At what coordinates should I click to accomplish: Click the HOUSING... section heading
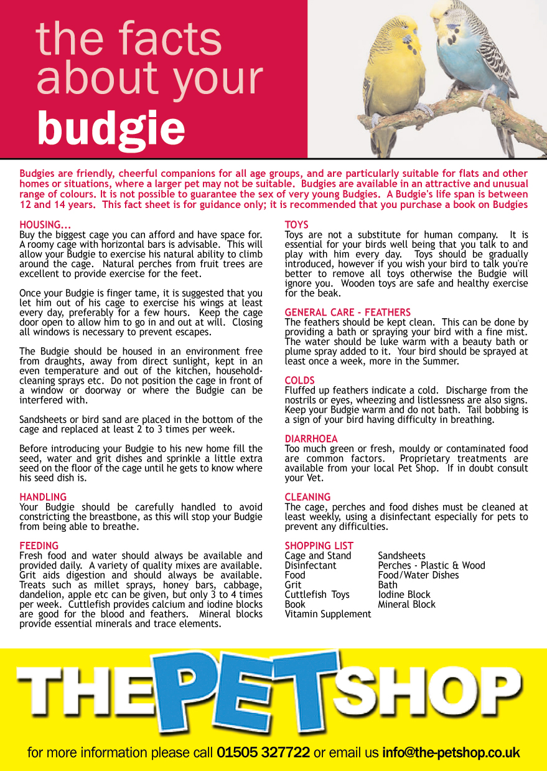[x=45, y=225]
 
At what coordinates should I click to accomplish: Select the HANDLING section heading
[x=43, y=497]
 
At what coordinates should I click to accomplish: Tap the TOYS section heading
[x=296, y=225]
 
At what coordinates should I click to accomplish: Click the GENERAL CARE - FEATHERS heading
[x=347, y=313]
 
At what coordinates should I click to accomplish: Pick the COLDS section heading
[x=300, y=381]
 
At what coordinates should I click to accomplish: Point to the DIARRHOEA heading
[x=311, y=439]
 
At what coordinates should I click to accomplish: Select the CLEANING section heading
[x=307, y=497]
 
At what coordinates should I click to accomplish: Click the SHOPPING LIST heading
[x=319, y=546]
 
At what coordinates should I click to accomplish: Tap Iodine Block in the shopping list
[x=404, y=595]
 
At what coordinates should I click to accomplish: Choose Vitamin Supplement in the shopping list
[x=327, y=614]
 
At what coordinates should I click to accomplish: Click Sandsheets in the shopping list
[x=401, y=556]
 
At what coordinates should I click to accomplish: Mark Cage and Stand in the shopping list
[x=317, y=556]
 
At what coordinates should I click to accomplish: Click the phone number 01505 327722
[x=263, y=752]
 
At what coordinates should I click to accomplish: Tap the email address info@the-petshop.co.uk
[x=451, y=752]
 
